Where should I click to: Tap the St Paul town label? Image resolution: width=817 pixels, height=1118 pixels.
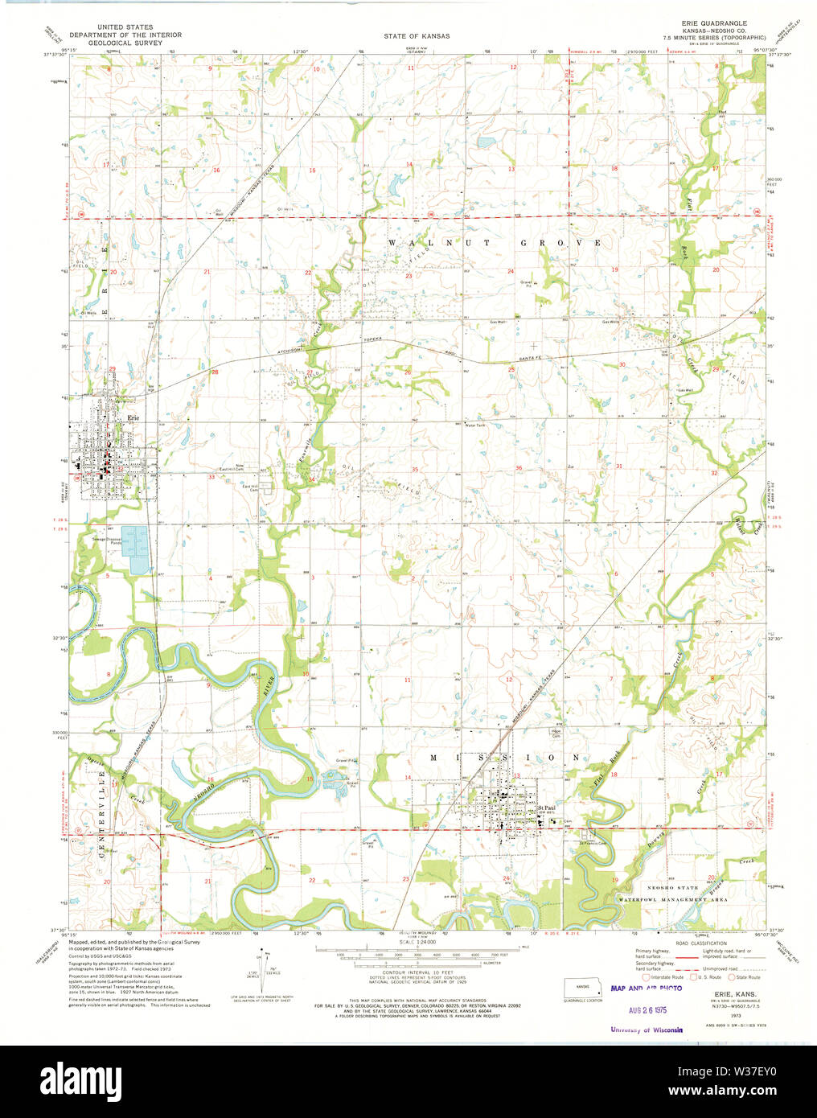[547, 808]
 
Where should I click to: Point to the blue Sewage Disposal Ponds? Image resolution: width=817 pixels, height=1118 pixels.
[138, 549]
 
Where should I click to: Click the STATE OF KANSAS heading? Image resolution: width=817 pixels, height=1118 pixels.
[417, 36]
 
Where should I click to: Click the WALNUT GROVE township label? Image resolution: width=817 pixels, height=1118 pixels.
[495, 242]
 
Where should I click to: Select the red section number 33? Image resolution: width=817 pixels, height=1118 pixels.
[211, 477]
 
